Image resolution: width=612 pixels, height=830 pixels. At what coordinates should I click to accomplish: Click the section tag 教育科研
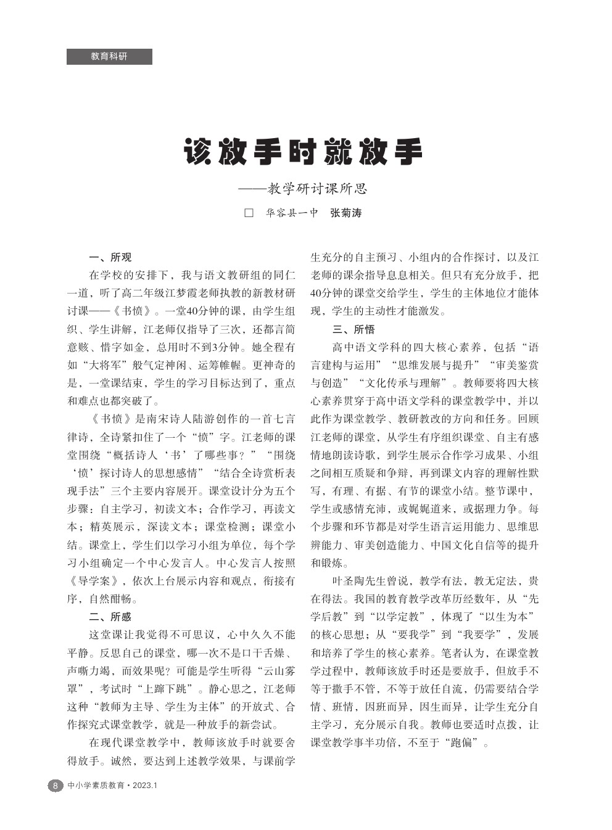(x=109, y=56)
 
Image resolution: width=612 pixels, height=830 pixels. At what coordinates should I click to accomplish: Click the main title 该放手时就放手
(x=304, y=152)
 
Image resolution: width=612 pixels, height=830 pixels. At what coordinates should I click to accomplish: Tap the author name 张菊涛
(x=345, y=213)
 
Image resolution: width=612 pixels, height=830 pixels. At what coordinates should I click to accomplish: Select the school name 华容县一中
(x=292, y=213)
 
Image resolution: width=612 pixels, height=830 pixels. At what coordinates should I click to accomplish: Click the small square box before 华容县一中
(x=249, y=213)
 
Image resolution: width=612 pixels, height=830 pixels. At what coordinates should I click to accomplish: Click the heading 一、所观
(x=110, y=257)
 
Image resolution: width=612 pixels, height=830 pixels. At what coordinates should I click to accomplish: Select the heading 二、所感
(x=110, y=616)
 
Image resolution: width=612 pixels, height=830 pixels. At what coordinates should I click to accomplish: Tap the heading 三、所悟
(x=354, y=329)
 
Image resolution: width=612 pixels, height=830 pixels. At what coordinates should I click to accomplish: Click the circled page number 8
(x=55, y=786)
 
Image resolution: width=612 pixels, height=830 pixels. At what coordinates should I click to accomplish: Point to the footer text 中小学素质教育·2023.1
(x=113, y=786)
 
